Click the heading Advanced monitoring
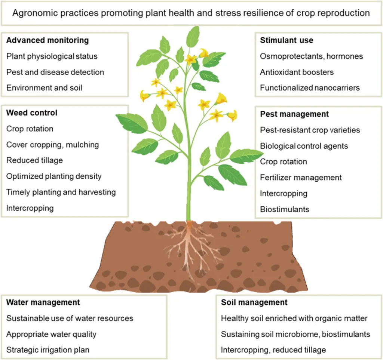[x=48, y=40]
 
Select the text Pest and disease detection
[x=55, y=72]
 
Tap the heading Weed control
[x=32, y=113]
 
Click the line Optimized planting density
[x=54, y=176]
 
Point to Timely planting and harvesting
[x=61, y=192]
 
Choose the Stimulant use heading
[x=287, y=40]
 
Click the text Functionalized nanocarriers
[x=310, y=88]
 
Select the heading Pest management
[x=294, y=114]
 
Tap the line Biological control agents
[x=304, y=146]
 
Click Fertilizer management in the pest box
[x=301, y=178]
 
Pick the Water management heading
[x=43, y=302]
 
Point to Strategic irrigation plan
[x=48, y=350]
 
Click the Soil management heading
[x=254, y=302]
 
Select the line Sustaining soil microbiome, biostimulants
[x=295, y=334]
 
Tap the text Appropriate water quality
[x=51, y=334]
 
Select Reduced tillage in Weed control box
[x=34, y=160]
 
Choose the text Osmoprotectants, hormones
[x=311, y=56]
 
